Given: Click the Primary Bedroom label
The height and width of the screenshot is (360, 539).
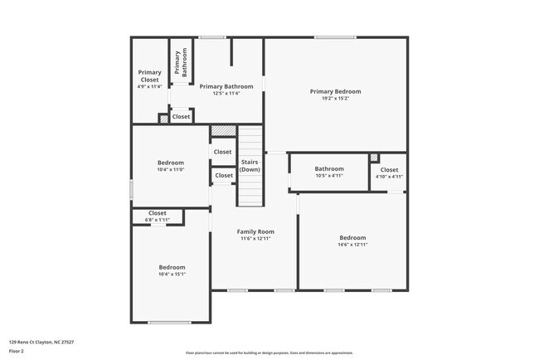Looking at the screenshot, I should point(335,91).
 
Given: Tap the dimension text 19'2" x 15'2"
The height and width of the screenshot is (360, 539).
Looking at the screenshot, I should point(335,99).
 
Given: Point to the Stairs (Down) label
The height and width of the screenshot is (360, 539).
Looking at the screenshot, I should point(250,165).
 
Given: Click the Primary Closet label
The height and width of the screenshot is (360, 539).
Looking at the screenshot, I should point(150,75).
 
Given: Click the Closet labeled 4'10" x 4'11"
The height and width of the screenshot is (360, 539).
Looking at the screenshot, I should point(389,173).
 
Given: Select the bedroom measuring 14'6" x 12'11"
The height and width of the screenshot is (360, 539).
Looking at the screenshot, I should point(352,241).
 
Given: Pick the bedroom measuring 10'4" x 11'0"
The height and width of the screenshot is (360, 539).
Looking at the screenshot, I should point(171,166).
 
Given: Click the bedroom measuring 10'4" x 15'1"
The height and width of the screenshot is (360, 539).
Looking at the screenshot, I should point(172,270).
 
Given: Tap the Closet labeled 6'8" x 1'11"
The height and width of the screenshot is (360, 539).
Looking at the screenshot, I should point(157,216).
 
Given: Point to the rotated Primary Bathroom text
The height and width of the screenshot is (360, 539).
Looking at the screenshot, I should point(182,63).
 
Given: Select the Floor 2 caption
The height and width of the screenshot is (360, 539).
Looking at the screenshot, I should point(17,352).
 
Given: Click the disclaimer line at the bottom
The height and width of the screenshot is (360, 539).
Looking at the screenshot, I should point(269,353).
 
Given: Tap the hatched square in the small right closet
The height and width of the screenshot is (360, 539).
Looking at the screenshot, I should point(375,158).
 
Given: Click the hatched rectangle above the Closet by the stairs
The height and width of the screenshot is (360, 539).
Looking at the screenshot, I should point(222,130).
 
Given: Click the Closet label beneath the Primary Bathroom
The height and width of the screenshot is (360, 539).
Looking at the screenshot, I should point(181,117).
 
